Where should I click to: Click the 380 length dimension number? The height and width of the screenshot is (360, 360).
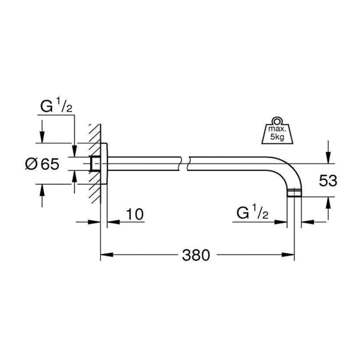click(x=196, y=255)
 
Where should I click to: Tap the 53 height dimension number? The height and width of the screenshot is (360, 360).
click(x=328, y=181)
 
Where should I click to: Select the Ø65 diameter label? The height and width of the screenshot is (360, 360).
click(x=42, y=164)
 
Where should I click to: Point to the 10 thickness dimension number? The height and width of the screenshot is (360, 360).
click(x=135, y=214)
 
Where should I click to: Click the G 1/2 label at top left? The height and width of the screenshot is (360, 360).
click(x=56, y=106)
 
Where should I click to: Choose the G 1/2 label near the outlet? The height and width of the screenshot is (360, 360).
click(x=253, y=213)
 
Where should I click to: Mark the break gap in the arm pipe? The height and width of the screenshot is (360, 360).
click(x=185, y=164)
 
